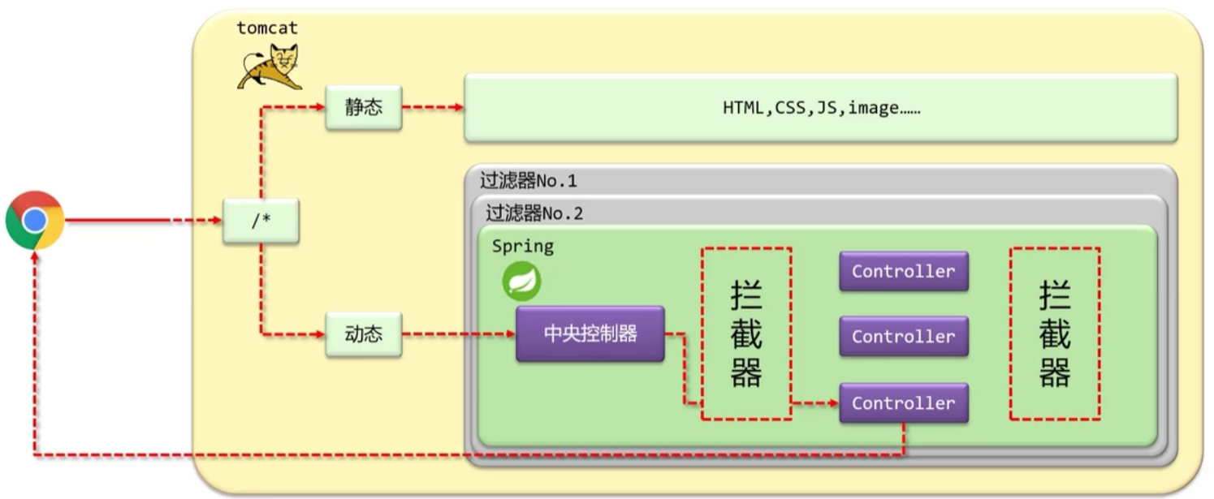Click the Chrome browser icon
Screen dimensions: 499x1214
click(x=35, y=220)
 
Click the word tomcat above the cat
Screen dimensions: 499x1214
click(x=267, y=28)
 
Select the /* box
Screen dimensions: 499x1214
click(x=261, y=220)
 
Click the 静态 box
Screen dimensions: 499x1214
click(x=363, y=108)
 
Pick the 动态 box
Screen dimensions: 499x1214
click(x=363, y=334)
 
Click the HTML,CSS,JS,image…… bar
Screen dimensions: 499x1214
click(x=820, y=108)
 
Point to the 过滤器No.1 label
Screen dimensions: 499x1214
click(x=528, y=181)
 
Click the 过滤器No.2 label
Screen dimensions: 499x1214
click(x=534, y=214)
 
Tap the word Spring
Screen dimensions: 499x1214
click(x=522, y=246)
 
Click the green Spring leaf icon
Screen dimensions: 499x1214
click(x=521, y=282)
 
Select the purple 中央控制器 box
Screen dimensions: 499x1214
click(x=590, y=334)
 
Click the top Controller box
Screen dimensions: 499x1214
click(x=903, y=271)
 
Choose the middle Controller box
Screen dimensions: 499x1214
click(x=903, y=337)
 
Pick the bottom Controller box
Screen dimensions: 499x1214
click(x=903, y=403)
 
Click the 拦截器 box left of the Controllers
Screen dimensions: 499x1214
click(x=746, y=333)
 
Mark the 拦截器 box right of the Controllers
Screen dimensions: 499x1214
click(x=1054, y=333)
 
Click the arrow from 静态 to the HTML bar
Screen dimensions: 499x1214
click(x=433, y=108)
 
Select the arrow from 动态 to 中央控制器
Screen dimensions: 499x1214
click(x=459, y=334)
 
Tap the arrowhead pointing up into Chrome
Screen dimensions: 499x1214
click(x=35, y=256)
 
